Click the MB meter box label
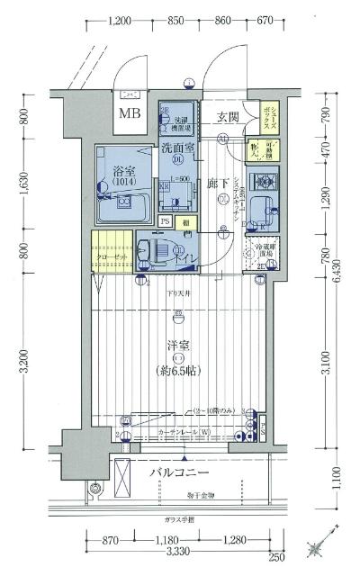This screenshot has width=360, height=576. [x=130, y=113]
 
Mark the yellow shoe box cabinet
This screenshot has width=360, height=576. [x=271, y=115]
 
